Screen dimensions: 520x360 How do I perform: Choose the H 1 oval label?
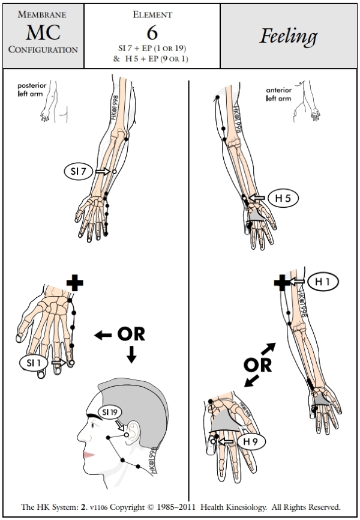(322, 280)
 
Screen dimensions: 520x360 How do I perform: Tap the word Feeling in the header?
(289, 37)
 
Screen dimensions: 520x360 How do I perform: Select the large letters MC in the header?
(43, 32)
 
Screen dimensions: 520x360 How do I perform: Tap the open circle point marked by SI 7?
(114, 172)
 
